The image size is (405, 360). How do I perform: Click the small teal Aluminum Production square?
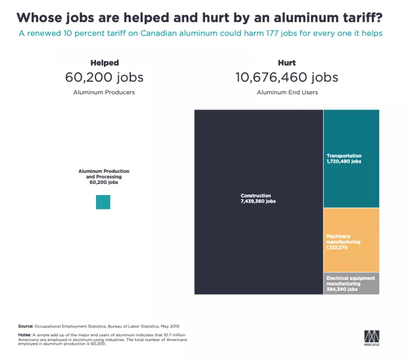click(103, 202)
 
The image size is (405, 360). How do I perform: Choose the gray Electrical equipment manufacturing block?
click(351, 283)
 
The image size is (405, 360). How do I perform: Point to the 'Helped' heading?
click(104, 63)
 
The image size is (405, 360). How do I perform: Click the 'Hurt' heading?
click(286, 63)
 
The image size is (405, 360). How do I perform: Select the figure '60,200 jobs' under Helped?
click(104, 77)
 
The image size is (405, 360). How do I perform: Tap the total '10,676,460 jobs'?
click(287, 77)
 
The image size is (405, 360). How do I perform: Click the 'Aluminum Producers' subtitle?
click(104, 92)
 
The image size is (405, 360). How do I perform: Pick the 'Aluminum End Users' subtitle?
click(287, 92)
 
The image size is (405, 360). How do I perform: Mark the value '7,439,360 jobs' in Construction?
click(258, 201)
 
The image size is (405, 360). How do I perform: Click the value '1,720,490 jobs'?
click(344, 161)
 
